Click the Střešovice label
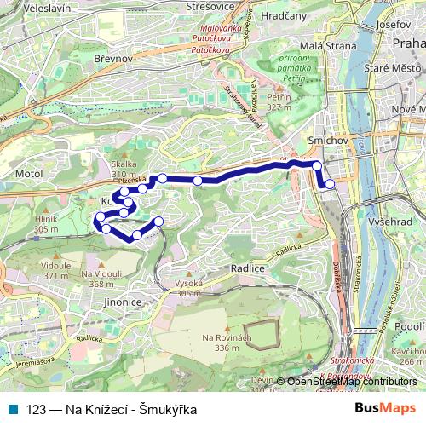210,6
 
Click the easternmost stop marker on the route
330,183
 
